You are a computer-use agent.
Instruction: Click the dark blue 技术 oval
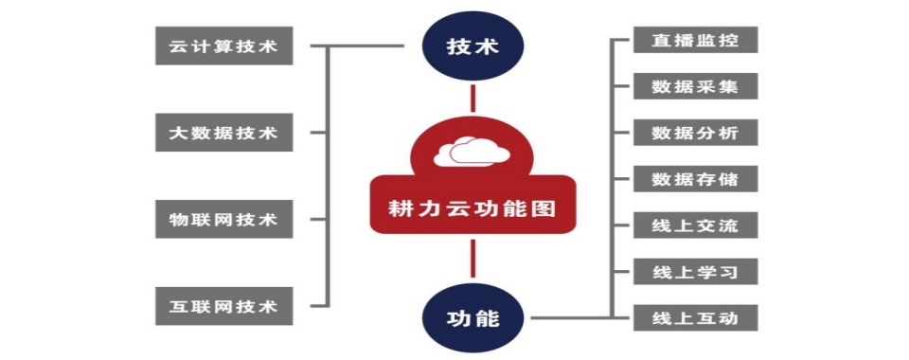tap(472, 46)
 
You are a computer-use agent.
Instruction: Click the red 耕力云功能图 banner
tap(472, 205)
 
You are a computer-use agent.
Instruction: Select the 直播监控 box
tap(695, 40)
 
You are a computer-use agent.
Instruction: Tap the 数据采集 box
tap(695, 86)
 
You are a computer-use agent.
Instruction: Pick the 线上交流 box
tap(695, 225)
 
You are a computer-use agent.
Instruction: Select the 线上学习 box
tap(695, 272)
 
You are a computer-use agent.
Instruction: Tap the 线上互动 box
tap(695, 317)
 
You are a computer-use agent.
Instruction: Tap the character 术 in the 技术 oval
tap(487, 46)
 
